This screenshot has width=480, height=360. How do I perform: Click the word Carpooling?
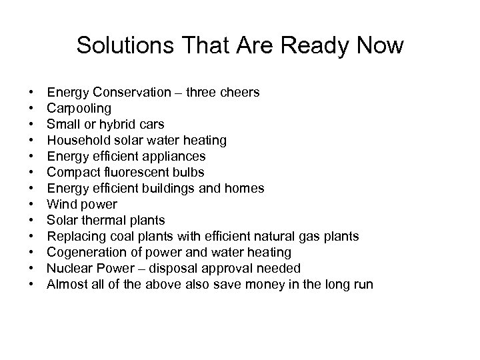[x=79, y=108]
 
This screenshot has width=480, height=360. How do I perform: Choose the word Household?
[x=77, y=140]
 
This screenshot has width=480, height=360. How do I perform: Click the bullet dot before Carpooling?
[x=32, y=108]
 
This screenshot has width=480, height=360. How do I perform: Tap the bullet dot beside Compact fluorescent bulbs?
[x=32, y=172]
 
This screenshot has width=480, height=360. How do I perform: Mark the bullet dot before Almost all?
[x=32, y=284]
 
